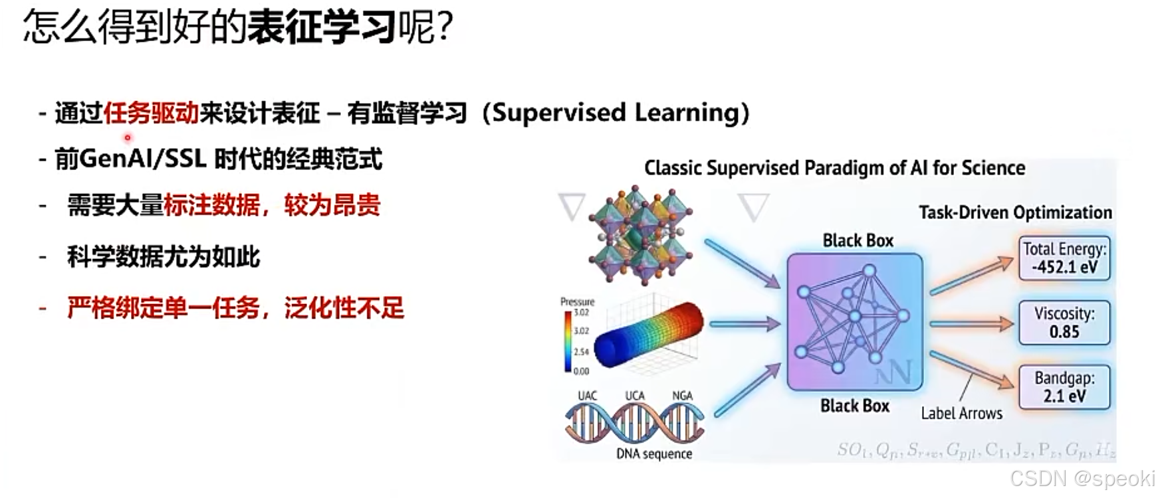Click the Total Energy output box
[x=1064, y=258]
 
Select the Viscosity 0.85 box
[x=1064, y=323]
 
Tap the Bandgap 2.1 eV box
[x=1064, y=387]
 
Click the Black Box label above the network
[x=858, y=240]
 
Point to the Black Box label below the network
[x=854, y=406]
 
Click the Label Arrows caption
[x=961, y=414]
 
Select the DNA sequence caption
[x=654, y=454]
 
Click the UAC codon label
[x=587, y=396]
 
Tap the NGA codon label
[x=682, y=396]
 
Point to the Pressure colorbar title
[x=577, y=301]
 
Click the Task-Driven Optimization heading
[x=1015, y=212]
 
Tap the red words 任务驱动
[x=151, y=114]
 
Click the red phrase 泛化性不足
[x=344, y=308]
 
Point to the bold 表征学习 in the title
[x=322, y=28]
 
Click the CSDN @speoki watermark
[x=1082, y=478]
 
